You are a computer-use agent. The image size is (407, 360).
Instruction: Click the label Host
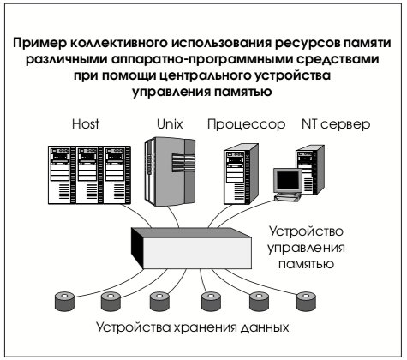pyautogui.click(x=86, y=124)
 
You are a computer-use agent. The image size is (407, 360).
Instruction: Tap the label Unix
pyautogui.click(x=170, y=124)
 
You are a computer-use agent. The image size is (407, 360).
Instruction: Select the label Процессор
pyautogui.click(x=246, y=124)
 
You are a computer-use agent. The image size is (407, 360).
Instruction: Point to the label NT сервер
pyautogui.click(x=336, y=124)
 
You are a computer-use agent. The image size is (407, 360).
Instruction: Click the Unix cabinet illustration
pyautogui.click(x=170, y=171)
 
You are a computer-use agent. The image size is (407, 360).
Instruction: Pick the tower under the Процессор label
pyautogui.click(x=241, y=174)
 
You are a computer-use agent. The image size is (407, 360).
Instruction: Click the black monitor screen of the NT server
pyautogui.click(x=288, y=181)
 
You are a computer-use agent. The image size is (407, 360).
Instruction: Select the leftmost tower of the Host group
pyautogui.click(x=62, y=175)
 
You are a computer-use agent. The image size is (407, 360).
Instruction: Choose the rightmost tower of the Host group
pyautogui.click(x=117, y=175)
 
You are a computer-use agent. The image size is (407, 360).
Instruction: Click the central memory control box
pyautogui.click(x=191, y=248)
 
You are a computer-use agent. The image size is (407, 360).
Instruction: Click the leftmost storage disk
pyautogui.click(x=64, y=301)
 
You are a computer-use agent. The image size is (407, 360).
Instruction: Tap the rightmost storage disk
pyautogui.click(x=306, y=301)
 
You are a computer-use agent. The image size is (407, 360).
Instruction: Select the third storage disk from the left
pyautogui.click(x=159, y=301)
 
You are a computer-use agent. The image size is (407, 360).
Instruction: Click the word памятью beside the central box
pyautogui.click(x=306, y=263)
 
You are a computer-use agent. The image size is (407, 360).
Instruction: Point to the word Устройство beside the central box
pyautogui.click(x=306, y=231)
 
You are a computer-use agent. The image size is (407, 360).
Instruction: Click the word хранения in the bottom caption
pyautogui.click(x=205, y=327)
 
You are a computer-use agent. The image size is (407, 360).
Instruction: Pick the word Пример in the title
pyautogui.click(x=39, y=44)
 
